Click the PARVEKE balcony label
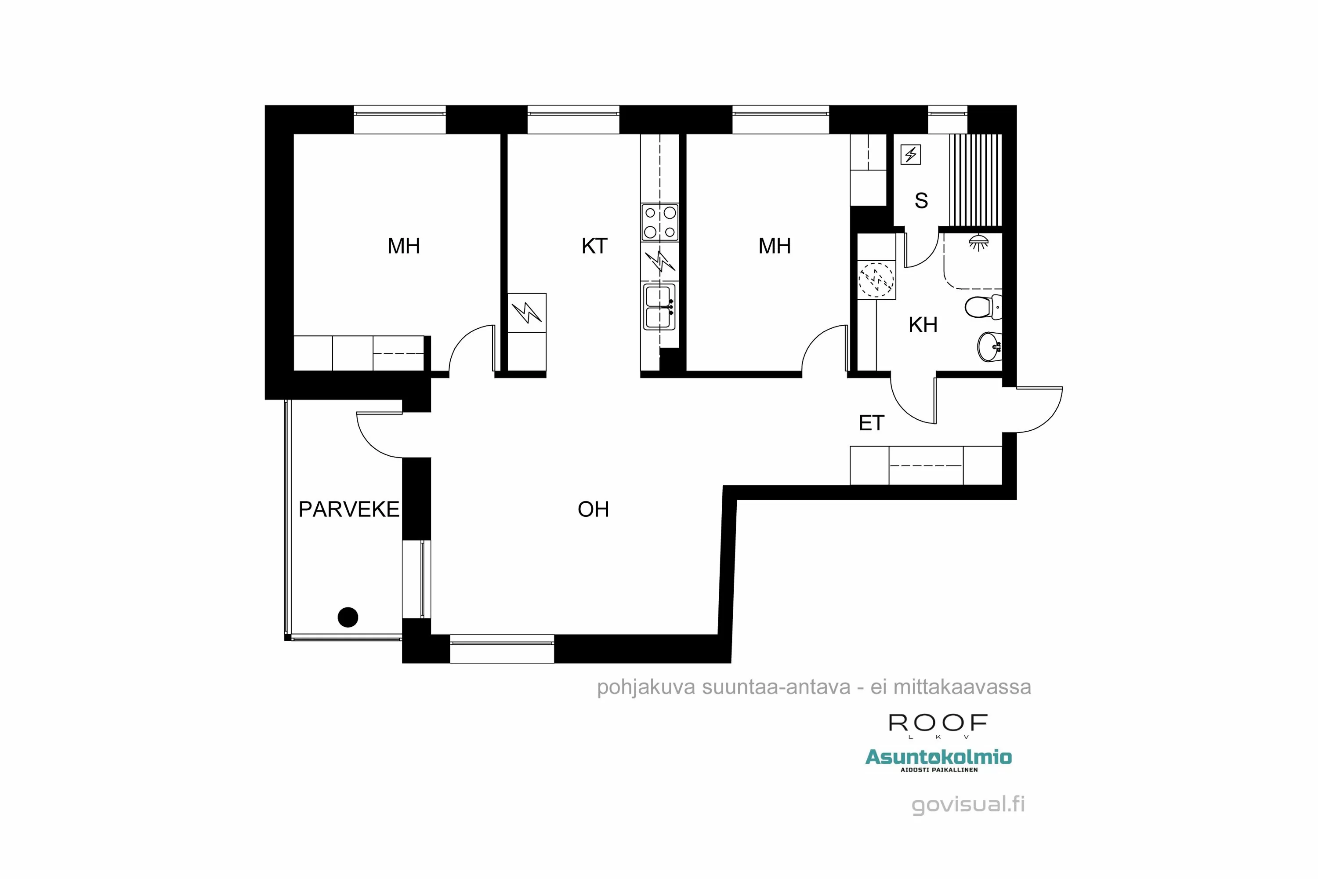348,509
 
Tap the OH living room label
593,509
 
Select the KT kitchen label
594,246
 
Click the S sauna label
921,201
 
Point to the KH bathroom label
922,325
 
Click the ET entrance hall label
871,423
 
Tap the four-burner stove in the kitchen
659,222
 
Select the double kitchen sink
659,307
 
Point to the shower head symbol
978,242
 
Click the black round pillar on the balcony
348,617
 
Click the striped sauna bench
975,179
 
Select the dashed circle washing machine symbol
876,279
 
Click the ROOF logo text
938,723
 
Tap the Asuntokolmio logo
938,757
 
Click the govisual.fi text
968,804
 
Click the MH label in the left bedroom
403,246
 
